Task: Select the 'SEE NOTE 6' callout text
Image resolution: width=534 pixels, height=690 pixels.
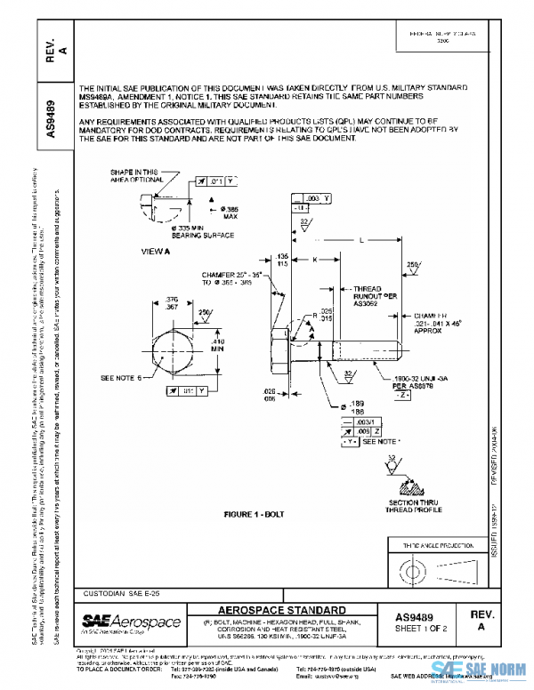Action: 123,379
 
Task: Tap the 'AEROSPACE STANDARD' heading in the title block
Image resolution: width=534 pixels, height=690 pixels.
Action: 283,609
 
